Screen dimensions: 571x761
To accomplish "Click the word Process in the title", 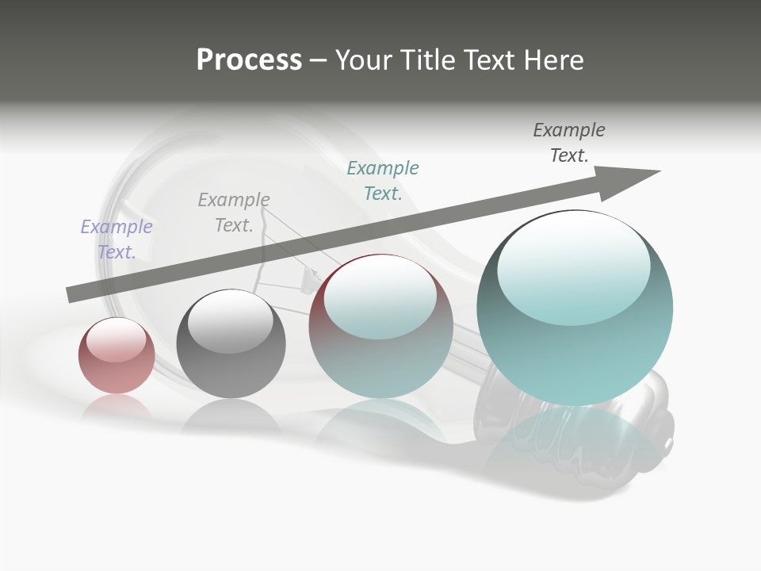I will coord(249,60).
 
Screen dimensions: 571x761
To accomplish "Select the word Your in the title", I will coord(361,60).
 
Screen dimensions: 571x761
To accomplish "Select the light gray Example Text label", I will coord(234,213).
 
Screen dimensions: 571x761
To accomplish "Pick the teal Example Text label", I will coord(383,180).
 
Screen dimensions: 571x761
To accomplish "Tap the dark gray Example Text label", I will coord(569,142).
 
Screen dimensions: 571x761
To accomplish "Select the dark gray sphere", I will coord(231,365).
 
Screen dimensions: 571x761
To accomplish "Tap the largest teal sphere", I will coord(575,349).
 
